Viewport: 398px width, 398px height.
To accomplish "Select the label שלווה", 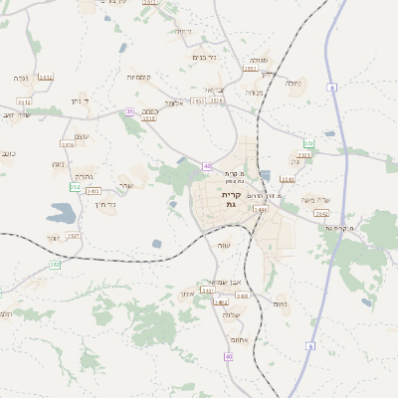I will point(233,314).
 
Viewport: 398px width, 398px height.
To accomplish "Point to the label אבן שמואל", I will point(228,281).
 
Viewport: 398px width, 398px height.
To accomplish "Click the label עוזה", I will point(224,246).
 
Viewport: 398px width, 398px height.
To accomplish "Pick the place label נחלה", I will point(293,83).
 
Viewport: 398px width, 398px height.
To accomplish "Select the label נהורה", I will point(85,175).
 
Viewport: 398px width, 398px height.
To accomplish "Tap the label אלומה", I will point(175,101).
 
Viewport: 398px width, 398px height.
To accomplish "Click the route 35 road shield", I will point(129,111).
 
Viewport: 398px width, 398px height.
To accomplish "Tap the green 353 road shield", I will point(55,265).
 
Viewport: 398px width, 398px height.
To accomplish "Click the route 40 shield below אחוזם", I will point(229,355).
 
